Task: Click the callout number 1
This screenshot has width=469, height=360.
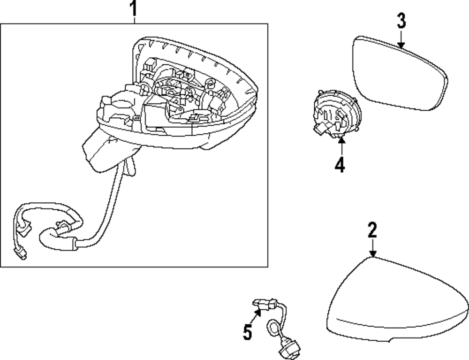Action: [134, 8]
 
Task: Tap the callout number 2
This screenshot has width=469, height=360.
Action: [372, 230]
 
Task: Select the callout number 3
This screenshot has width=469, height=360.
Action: [401, 21]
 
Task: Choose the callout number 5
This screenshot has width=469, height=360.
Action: [248, 332]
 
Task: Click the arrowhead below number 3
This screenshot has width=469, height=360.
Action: [401, 44]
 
